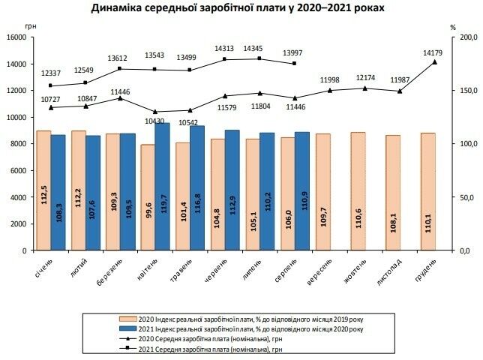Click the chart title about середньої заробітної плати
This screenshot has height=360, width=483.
[x=241, y=9]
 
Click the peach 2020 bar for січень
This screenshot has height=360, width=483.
[x=44, y=190]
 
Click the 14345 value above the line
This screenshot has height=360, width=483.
[x=259, y=48]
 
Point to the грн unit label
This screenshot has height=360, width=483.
[x=29, y=27]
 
